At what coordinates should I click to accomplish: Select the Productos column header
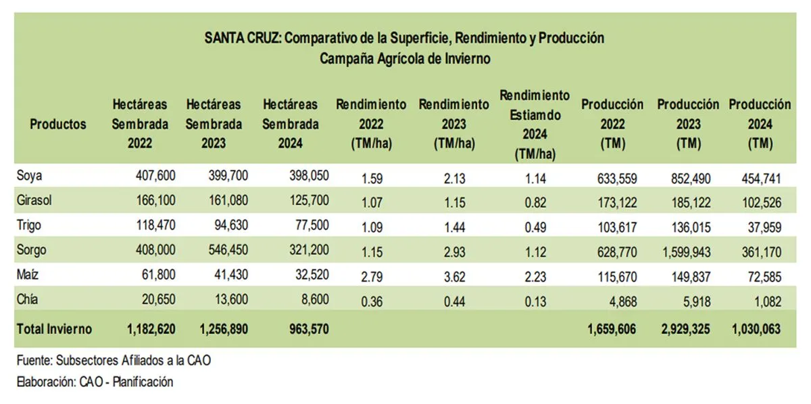tap(58, 124)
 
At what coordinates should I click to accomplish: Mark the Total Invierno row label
tap(54, 330)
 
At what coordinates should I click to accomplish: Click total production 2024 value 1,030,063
tap(756, 330)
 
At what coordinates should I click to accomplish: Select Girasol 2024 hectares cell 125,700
tap(306, 200)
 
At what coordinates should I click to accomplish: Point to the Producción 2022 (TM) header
tap(612, 125)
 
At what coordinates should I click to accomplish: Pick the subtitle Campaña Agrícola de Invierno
tap(405, 59)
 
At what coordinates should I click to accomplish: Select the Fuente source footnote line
tap(114, 361)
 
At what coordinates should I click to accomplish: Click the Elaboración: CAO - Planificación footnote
tap(95, 382)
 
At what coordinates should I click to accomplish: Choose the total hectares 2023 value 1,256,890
tap(224, 330)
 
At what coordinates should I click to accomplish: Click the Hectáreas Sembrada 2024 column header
tap(290, 124)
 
